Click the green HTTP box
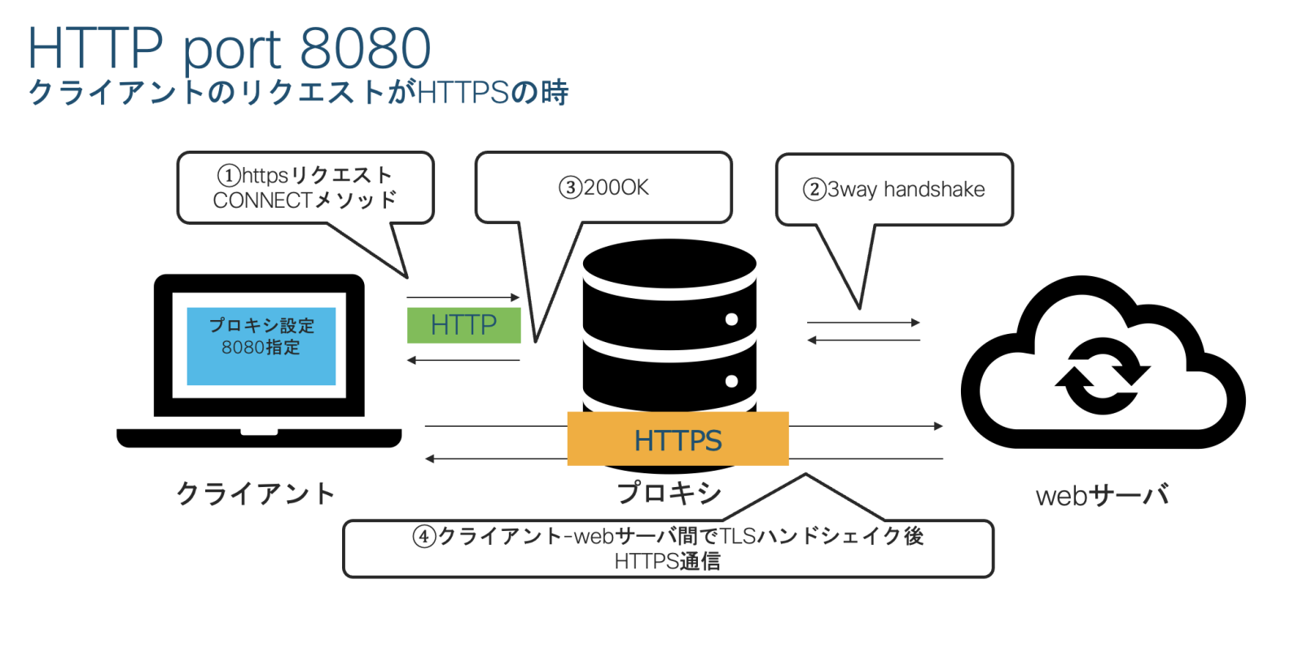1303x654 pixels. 463,325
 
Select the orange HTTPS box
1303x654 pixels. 678,439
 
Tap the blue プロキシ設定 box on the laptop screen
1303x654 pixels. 261,345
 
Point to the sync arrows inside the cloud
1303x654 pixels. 1103,376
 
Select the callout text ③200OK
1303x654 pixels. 604,188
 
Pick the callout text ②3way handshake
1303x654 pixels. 894,190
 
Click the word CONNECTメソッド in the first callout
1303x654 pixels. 305,200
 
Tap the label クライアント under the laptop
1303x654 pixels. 255,494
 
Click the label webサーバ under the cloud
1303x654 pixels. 1102,495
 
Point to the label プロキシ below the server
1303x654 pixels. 669,492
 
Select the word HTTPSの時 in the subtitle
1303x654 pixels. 493,92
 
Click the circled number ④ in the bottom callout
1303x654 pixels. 423,537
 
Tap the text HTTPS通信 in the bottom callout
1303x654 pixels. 667,561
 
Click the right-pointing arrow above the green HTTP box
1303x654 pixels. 463,297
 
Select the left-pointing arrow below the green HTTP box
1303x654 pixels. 463,360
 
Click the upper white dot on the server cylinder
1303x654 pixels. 731,319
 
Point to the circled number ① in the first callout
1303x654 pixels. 228,175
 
